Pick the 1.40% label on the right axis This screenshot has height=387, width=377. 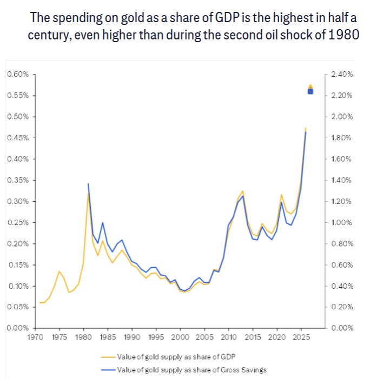pyautogui.click(x=341, y=180)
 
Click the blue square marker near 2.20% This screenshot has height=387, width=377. pyautogui.click(x=310, y=91)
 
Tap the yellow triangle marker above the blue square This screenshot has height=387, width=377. pyautogui.click(x=310, y=86)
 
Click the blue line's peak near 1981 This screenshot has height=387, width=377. pyautogui.click(x=88, y=184)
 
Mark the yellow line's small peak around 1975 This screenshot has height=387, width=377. pyautogui.click(x=59, y=271)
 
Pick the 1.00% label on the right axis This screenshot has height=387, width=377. pyautogui.click(x=341, y=222)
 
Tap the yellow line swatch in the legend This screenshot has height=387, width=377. pyautogui.click(x=107, y=357)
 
